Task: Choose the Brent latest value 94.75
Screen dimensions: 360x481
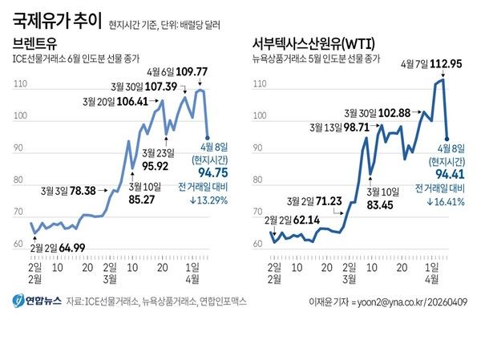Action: click(x=210, y=172)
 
